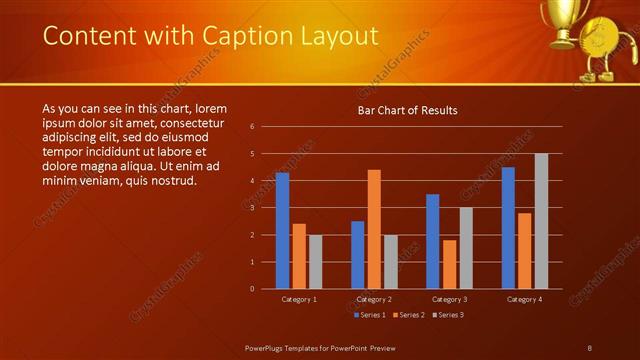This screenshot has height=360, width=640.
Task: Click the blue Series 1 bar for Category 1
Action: coord(282,230)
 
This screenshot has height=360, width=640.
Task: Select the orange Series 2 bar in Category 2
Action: coord(374,229)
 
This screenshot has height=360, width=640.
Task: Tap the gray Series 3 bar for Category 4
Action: coord(541,221)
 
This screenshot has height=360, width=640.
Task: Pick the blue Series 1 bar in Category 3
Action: coord(433,241)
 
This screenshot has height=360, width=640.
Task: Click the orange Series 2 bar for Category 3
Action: coord(449,264)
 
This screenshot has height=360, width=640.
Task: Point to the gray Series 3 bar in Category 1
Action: coord(315,261)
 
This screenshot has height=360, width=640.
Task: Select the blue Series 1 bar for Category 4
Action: coord(508,227)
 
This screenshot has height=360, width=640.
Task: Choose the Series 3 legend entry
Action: coord(449,315)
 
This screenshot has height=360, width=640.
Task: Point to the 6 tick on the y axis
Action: coord(252,126)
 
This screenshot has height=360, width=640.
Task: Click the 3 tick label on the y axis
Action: coord(252,208)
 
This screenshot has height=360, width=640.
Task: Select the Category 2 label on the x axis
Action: coord(374,298)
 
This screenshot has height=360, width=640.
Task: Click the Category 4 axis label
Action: coord(525,298)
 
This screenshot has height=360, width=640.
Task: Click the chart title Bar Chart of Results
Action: coord(407,110)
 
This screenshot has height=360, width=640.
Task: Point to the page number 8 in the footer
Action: coord(589,346)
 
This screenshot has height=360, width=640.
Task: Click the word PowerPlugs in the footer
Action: coord(268,346)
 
